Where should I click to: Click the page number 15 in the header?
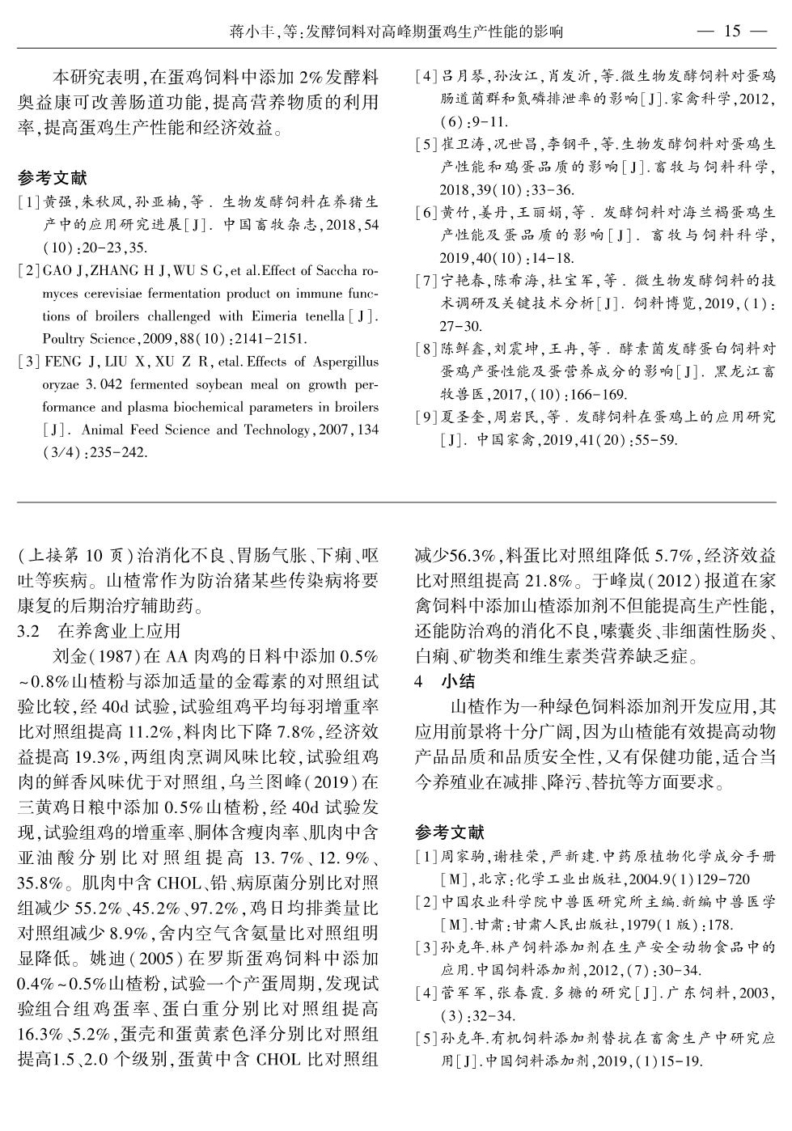(731, 31)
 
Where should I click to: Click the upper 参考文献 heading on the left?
(52, 178)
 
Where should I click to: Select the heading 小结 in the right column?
(458, 681)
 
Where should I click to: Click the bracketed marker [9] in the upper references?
(426, 417)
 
